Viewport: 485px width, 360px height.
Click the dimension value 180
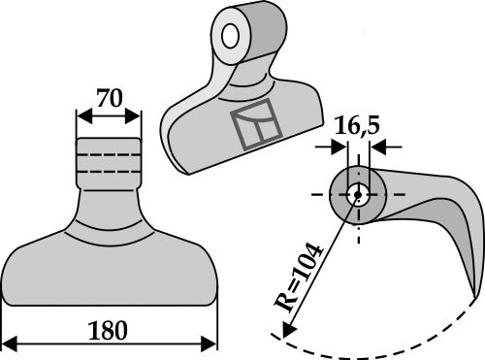107,329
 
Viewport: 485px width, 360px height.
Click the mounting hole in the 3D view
231,37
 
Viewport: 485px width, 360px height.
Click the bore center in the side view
358,192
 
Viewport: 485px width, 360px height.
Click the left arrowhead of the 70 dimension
81,116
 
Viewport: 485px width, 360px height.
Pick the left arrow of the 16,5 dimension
338,147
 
